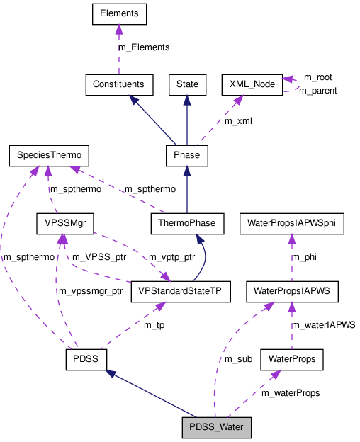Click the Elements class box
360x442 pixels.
point(119,13)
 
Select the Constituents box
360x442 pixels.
point(118,84)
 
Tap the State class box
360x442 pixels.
point(187,84)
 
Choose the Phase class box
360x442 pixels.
point(186,154)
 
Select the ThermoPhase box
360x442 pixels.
point(187,224)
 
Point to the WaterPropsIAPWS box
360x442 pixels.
point(291,291)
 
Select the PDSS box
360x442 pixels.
point(86,359)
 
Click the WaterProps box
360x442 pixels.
point(291,359)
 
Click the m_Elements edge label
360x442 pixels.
point(144,47)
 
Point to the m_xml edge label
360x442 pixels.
point(237,121)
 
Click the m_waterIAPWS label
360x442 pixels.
point(323,324)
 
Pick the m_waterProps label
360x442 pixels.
point(290,392)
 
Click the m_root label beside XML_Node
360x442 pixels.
point(317,76)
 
